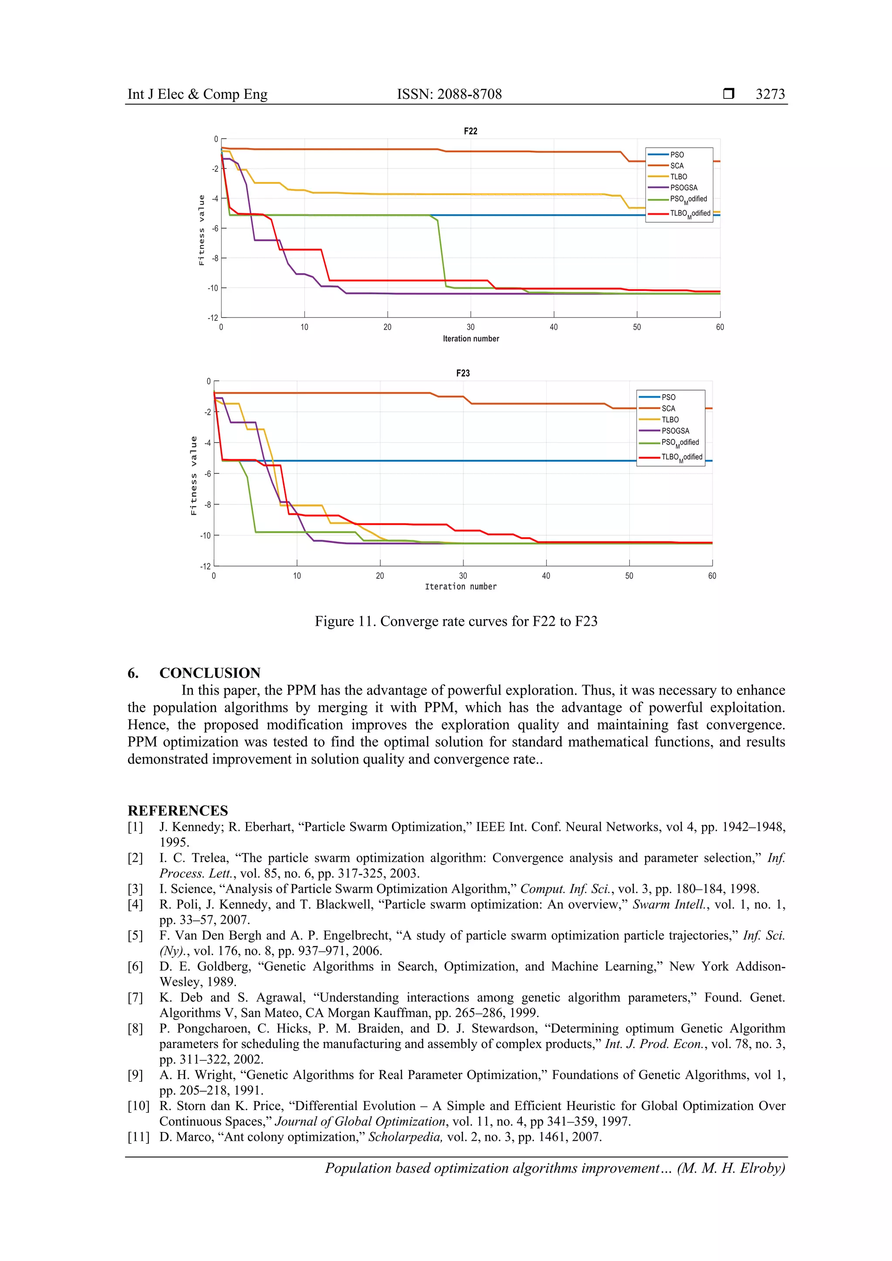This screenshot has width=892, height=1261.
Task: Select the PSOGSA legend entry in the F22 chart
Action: coord(683,188)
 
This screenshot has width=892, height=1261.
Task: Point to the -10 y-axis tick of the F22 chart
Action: coord(213,288)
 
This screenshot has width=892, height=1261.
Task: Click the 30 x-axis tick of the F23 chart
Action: coord(463,576)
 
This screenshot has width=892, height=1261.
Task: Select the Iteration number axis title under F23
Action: coord(460,587)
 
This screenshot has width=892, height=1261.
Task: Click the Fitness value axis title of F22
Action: coord(202,230)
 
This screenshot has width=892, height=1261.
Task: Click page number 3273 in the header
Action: coord(770,94)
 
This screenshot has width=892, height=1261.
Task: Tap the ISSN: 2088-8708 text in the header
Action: coord(449,94)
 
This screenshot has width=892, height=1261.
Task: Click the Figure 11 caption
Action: coord(456,622)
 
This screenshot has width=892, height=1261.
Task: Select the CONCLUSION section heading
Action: coord(210,673)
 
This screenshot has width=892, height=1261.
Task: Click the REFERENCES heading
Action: coord(177,811)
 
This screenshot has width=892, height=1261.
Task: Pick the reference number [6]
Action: coord(135,967)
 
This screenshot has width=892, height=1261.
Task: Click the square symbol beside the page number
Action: coord(728,94)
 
